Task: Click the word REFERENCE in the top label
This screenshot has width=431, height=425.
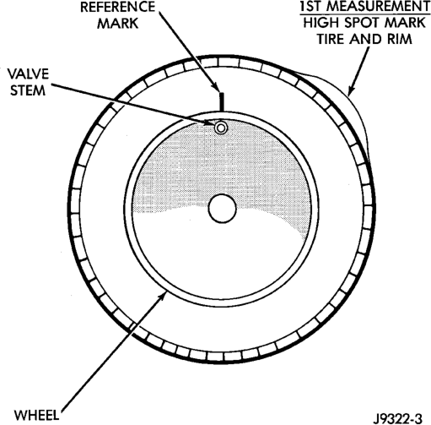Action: (118, 7)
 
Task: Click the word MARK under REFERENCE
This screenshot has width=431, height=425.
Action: (118, 24)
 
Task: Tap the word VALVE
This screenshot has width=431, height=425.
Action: (28, 74)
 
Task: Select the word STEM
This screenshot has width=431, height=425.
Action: (28, 90)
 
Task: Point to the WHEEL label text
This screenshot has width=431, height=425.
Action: (37, 415)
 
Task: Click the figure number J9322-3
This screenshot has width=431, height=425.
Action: (398, 417)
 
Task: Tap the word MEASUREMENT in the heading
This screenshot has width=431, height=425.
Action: (380, 7)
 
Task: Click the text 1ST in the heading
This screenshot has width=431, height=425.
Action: (313, 7)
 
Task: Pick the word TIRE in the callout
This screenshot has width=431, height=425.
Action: (331, 39)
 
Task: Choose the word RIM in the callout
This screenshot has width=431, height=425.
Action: (400, 39)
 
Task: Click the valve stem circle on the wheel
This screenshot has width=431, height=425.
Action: (221, 128)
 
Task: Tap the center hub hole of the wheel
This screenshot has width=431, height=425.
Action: (223, 209)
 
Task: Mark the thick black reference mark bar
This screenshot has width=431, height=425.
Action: (221, 101)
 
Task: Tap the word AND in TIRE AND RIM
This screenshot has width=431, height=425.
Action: (366, 39)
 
